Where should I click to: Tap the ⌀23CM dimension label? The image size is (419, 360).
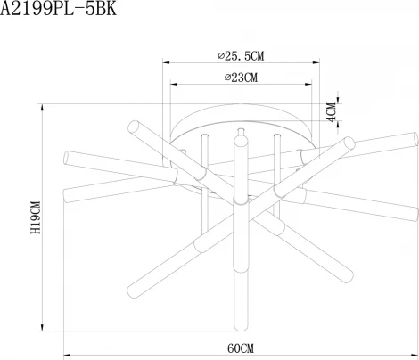[x=237, y=78]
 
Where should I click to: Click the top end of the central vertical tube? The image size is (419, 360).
[x=240, y=139]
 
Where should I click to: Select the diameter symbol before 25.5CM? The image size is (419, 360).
[x=220, y=55]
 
